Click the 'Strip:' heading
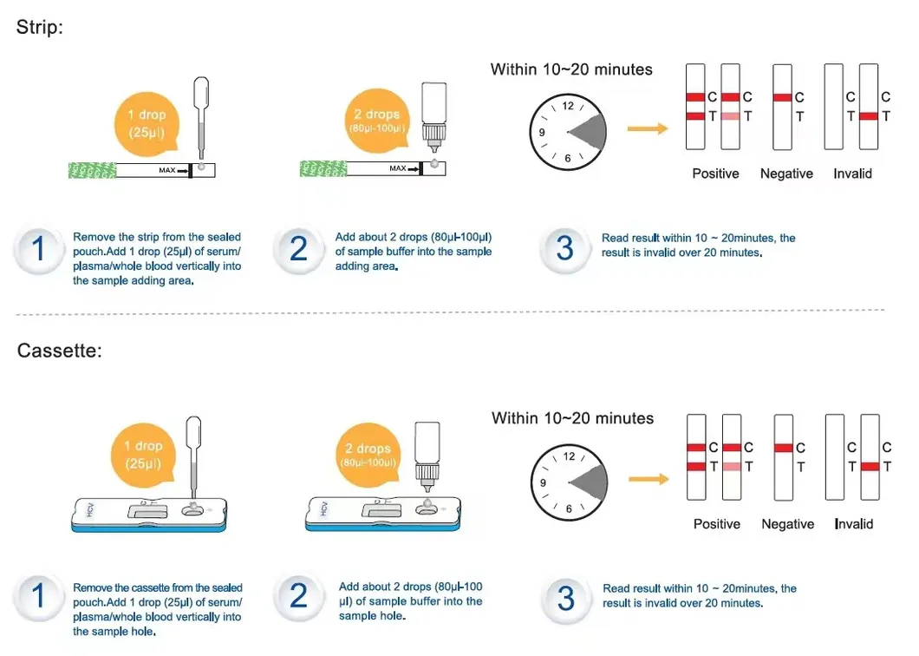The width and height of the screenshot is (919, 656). click(40, 27)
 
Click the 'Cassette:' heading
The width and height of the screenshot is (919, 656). click(59, 351)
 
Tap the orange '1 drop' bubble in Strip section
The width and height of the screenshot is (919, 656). click(146, 123)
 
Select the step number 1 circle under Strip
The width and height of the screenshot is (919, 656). click(38, 250)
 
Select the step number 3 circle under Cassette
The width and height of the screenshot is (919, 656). click(565, 598)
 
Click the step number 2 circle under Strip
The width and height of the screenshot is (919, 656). click(298, 250)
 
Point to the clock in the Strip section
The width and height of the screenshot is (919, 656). click(568, 132)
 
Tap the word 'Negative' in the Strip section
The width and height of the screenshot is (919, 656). click(786, 174)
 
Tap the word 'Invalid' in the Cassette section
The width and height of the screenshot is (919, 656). click(854, 524)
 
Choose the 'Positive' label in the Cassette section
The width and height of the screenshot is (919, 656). click(717, 524)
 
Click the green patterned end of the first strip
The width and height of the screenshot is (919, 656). click(91, 170)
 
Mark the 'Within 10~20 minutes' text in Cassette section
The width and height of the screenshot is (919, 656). click(572, 418)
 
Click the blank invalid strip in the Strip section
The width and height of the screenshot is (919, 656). click(834, 106)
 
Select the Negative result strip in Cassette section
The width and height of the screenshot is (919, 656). click(784, 457)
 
